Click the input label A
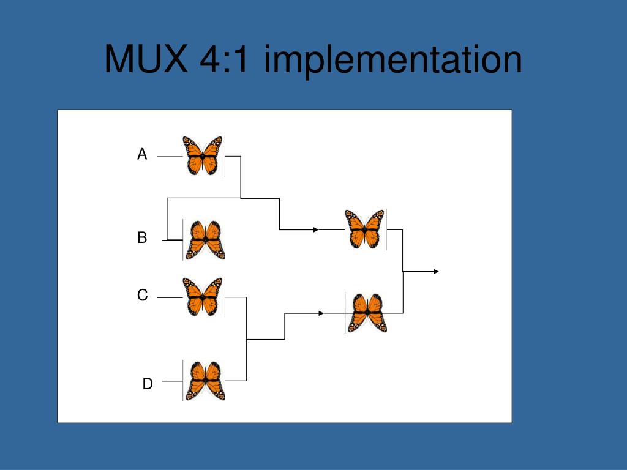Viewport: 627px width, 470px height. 142,155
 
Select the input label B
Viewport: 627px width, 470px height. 142,238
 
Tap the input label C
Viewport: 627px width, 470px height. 142,296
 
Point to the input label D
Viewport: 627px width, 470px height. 148,384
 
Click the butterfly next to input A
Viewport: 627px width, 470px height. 203,155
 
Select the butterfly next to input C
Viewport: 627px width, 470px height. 203,297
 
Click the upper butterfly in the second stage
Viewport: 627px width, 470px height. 365,229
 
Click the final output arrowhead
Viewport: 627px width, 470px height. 436,271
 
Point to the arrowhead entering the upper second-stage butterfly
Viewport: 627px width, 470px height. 316,230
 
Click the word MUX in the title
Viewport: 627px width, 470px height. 145,60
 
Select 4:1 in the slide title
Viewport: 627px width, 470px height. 224,60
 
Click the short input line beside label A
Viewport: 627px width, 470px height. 170,157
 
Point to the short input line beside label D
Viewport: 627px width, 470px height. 172,381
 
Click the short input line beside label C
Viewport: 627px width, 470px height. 170,297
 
